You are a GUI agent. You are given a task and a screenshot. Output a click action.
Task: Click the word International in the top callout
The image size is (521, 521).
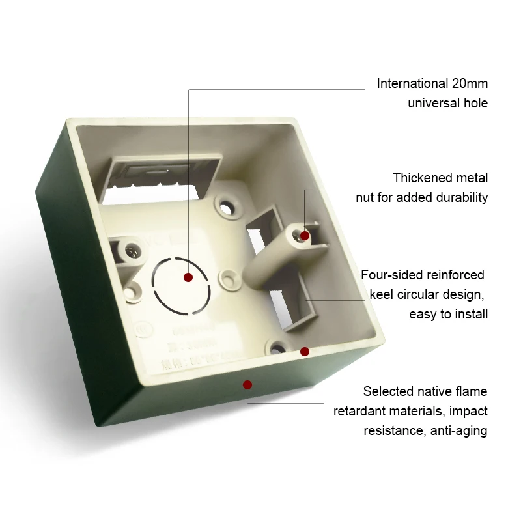(412, 83)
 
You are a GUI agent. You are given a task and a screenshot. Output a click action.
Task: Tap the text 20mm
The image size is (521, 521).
(470, 83)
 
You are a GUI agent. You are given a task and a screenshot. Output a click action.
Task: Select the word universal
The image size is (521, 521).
(435, 103)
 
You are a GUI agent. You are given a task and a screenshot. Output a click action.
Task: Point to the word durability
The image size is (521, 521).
(460, 197)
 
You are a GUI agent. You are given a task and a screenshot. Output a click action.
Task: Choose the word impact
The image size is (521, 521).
(466, 411)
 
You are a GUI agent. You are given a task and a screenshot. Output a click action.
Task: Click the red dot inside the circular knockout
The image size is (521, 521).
(188, 277)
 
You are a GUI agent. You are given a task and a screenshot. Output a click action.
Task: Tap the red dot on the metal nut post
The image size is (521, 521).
(304, 235)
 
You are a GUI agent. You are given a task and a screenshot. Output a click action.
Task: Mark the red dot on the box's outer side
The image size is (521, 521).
(247, 384)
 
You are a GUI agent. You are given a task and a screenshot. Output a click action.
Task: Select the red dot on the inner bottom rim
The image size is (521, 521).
(304, 351)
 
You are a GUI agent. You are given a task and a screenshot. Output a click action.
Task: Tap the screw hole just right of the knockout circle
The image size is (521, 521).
(230, 279)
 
